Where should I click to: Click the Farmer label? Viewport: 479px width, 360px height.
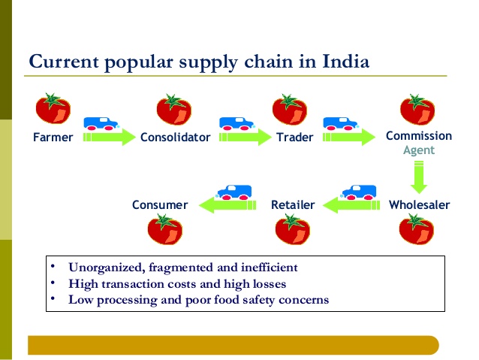pyautogui.click(x=53, y=138)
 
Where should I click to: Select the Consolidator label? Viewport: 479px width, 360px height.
pyautogui.click(x=176, y=138)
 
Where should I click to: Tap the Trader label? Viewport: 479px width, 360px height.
pyautogui.click(x=295, y=138)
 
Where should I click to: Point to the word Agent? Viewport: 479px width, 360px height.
pyautogui.click(x=419, y=150)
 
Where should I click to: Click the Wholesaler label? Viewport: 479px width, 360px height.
pyautogui.click(x=420, y=205)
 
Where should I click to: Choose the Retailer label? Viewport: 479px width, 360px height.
pyautogui.click(x=293, y=205)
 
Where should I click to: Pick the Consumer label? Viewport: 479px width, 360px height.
pyautogui.click(x=160, y=205)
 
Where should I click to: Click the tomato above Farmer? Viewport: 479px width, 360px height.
pyautogui.click(x=53, y=108)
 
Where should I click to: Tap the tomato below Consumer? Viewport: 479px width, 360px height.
pyautogui.click(x=165, y=229)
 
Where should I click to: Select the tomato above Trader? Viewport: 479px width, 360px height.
pyautogui.click(x=290, y=110)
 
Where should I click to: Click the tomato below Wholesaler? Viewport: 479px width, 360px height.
pyautogui.click(x=417, y=229)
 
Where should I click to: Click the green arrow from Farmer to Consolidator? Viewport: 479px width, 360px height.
pyautogui.click(x=109, y=137)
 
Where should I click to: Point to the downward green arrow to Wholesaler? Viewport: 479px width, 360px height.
pyautogui.click(x=419, y=177)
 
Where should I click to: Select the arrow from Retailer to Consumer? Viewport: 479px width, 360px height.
pyautogui.click(x=227, y=205)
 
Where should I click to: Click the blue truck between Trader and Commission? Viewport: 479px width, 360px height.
pyautogui.click(x=341, y=123)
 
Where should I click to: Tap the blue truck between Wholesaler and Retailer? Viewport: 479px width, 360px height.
pyautogui.click(x=359, y=192)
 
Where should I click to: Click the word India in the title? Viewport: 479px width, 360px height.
pyautogui.click(x=346, y=62)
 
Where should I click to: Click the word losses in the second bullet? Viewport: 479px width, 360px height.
pyautogui.click(x=270, y=284)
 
